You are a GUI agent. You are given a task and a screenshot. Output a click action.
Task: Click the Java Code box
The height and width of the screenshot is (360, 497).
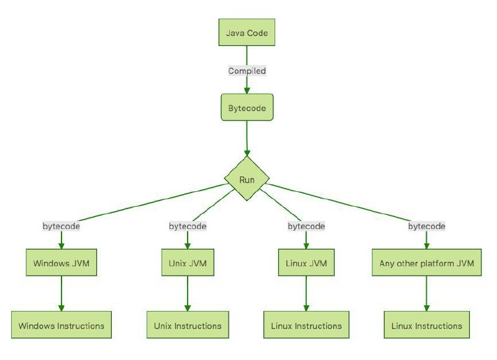coord(247,32)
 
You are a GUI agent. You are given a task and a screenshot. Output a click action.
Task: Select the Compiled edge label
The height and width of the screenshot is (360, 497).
coord(247,71)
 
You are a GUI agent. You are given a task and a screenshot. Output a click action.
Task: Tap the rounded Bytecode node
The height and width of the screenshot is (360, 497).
coord(247,107)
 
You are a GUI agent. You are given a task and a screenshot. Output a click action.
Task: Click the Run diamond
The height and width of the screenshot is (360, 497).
coord(247,179)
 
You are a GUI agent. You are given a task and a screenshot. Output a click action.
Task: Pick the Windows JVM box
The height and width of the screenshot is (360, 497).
coord(61,263)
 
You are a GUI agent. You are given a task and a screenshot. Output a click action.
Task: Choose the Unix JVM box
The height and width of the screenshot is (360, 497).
coord(188,263)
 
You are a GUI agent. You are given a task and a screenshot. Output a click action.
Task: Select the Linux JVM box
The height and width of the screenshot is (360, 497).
coord(306,263)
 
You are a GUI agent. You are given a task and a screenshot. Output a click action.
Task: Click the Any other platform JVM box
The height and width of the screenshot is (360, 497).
coord(427,263)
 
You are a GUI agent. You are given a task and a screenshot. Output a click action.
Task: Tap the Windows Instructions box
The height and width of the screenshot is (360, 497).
coord(61,325)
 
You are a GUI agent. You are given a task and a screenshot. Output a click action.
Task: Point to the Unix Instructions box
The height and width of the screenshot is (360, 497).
coord(188,325)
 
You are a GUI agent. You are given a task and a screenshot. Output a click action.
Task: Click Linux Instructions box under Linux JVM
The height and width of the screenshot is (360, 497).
coord(306,325)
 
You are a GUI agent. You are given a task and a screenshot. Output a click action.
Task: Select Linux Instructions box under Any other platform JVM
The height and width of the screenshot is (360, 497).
coord(427,325)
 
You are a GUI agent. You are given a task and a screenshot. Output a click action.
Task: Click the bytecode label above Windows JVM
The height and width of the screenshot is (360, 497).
coord(61,226)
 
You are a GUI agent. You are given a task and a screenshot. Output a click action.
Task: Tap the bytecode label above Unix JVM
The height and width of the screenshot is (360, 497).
coord(188,226)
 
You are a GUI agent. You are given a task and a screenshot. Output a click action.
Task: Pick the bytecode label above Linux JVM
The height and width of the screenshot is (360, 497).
coord(306,226)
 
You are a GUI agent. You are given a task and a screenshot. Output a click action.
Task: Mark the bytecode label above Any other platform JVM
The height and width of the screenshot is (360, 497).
coord(427,226)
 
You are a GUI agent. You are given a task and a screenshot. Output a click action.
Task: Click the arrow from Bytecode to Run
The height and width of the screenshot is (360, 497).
coord(247,138)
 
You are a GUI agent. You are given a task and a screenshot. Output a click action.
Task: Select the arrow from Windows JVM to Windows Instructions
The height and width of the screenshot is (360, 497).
coord(61,294)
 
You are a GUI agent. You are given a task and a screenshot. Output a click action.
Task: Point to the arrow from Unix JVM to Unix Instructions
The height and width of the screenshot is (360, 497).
coord(188,294)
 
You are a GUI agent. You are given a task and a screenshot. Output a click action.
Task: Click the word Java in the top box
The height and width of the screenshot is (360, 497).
coord(235,33)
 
